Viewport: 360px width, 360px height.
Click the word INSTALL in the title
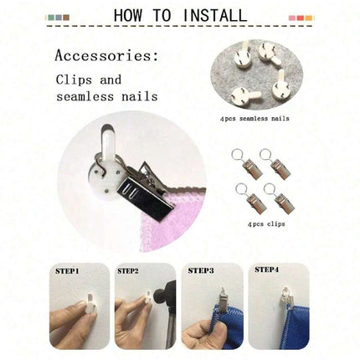(214, 15)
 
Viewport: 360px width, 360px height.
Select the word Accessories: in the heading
(106, 55)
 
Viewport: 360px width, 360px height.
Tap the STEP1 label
(67, 271)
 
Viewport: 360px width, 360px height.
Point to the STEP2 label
(128, 271)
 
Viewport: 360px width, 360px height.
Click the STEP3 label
(201, 270)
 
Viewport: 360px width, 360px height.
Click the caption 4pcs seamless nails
(255, 119)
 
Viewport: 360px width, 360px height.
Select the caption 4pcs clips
(266, 224)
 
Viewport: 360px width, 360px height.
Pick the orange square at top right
(308, 18)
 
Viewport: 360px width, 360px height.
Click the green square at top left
(51, 18)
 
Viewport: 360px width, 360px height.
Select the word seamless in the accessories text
(85, 96)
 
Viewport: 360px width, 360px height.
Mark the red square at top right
(301, 18)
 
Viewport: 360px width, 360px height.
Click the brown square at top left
(66, 18)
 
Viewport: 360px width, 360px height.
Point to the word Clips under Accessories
(74, 80)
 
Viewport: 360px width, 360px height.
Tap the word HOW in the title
(128, 15)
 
